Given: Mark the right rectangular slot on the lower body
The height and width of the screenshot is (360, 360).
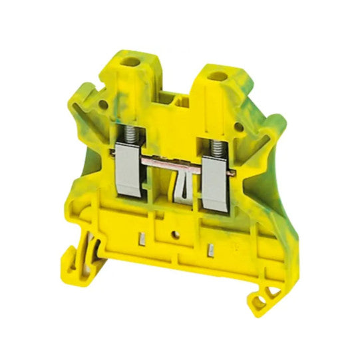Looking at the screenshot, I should pyautogui.click(x=212, y=251).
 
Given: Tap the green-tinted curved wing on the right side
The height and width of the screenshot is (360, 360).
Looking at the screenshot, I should pyautogui.click(x=266, y=160).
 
